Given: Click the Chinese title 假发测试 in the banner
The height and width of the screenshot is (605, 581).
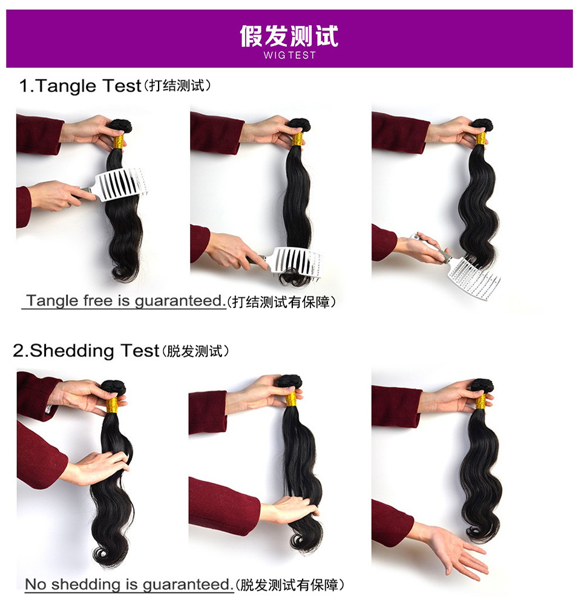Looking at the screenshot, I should [289, 36].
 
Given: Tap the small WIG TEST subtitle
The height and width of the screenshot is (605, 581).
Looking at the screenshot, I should [289, 55].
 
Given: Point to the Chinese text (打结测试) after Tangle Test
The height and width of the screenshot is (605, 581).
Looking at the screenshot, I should [177, 86].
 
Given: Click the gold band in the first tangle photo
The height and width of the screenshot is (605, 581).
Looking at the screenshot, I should [119, 142].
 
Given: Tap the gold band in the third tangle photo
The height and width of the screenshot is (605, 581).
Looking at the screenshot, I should [481, 139].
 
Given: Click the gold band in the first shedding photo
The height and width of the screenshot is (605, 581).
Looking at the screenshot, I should [112, 405].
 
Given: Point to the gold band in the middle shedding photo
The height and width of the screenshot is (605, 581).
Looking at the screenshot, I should [291, 399].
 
